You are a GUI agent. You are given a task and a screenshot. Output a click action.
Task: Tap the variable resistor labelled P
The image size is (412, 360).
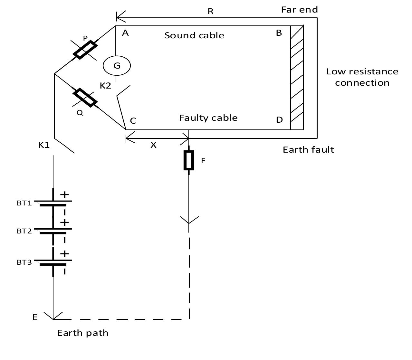click(x=85, y=50)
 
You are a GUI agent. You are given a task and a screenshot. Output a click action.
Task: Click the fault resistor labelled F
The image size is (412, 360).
click(x=189, y=160)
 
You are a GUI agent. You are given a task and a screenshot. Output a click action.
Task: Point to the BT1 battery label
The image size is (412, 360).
click(x=24, y=203)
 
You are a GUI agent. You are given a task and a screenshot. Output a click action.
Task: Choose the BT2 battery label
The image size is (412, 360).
click(x=24, y=231)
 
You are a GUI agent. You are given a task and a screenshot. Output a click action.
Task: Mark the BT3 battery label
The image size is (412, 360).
click(x=24, y=262)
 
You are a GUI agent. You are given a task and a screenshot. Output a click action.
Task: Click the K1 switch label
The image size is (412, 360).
click(x=44, y=145)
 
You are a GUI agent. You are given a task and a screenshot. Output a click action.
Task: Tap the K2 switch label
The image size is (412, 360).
click(x=105, y=86)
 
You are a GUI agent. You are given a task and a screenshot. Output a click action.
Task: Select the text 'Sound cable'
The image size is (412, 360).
click(x=194, y=35)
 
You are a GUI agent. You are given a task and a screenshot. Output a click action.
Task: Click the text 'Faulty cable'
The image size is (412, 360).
click(x=208, y=118)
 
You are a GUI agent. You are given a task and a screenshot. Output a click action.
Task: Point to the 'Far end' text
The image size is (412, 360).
click(x=299, y=10)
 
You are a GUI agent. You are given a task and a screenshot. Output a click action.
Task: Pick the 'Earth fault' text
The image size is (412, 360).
click(x=308, y=150)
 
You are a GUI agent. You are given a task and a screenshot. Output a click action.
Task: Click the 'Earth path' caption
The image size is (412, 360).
click(x=83, y=333)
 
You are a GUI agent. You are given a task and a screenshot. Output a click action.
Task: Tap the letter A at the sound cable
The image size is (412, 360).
click(x=125, y=33)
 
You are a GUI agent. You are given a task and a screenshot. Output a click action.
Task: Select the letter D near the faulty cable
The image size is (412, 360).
click(x=279, y=120)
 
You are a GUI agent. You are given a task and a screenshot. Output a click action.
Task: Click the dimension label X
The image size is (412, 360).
click(x=153, y=145)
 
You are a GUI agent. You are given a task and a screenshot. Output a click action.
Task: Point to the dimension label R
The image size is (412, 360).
click(x=210, y=12)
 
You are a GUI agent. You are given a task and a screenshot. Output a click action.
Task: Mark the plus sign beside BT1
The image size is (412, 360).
click(x=64, y=194)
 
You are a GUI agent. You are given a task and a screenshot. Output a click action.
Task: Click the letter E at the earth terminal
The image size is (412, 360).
click(x=35, y=317)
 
